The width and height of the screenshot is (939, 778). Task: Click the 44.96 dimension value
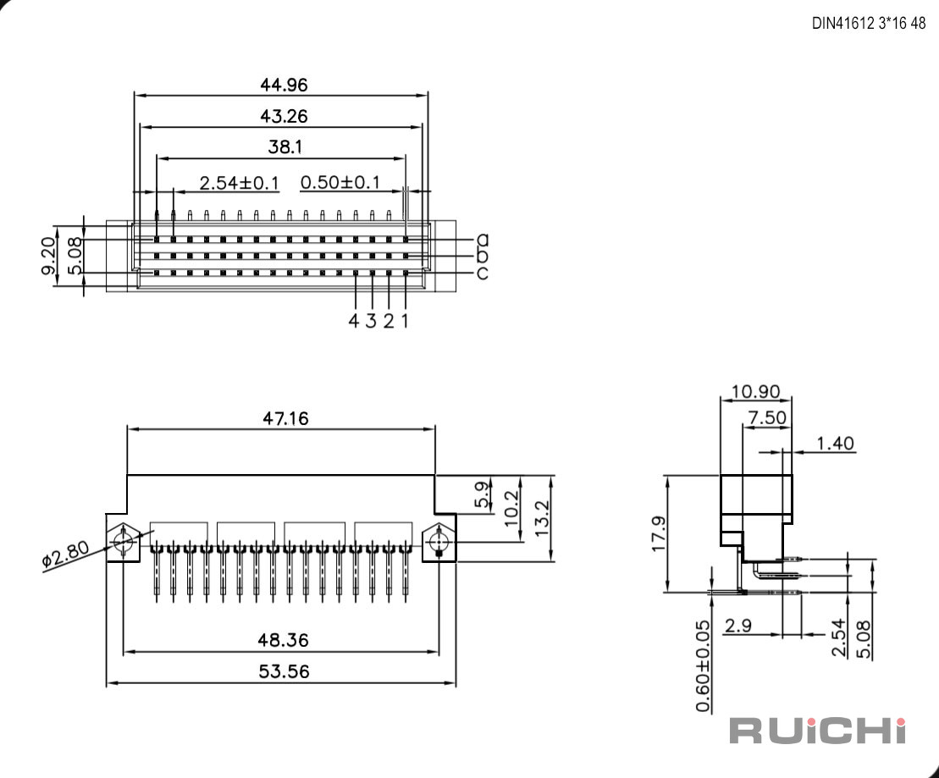coord(284,85)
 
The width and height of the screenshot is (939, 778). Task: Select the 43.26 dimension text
coord(284,116)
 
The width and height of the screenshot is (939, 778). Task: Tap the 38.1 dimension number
coord(285,146)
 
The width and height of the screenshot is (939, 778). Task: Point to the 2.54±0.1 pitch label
coord(239,183)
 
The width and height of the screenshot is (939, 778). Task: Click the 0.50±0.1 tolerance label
coord(340,182)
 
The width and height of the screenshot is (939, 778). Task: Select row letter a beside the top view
coord(482,240)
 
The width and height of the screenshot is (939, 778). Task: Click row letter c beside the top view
coord(482,273)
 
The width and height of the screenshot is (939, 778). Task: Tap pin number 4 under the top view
coord(354,321)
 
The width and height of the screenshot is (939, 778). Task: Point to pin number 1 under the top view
coord(405,321)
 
